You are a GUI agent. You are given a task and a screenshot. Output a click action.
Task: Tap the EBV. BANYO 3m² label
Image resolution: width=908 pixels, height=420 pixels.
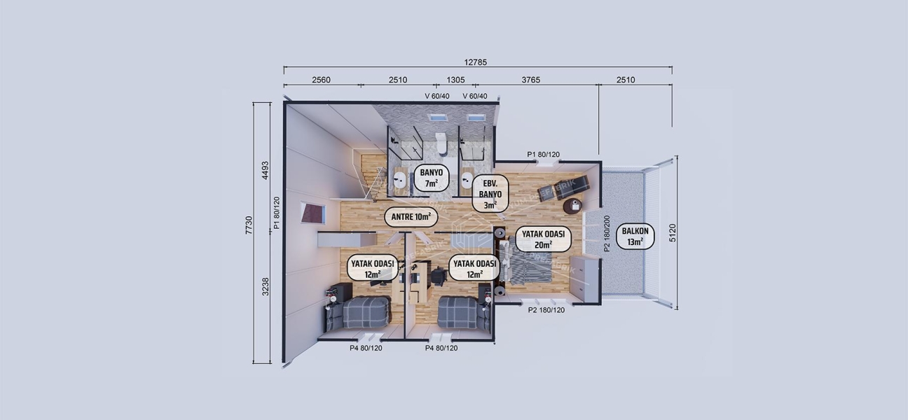coord(490,194)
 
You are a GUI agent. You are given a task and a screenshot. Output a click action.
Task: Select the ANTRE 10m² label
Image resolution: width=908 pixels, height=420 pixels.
coord(411,217)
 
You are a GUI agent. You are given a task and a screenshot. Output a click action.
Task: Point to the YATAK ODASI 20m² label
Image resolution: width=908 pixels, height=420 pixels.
coord(543,239)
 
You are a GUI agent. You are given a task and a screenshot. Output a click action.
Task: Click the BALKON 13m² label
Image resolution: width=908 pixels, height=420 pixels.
coord(635,237)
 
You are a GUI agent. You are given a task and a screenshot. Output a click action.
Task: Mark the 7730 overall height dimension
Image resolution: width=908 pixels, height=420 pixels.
coord(249,225)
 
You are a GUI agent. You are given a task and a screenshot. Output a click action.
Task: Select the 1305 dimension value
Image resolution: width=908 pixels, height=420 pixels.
coord(455,80)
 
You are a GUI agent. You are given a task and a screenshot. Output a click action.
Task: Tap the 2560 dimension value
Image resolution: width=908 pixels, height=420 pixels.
coord(321,80)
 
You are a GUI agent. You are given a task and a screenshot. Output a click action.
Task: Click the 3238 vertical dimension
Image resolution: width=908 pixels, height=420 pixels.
coord(265,287)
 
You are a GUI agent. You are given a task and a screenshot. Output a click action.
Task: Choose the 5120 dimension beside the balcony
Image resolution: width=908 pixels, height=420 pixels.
coord(673,232)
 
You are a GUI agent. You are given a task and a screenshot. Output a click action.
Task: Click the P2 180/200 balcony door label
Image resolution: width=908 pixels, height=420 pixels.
coord(607,234)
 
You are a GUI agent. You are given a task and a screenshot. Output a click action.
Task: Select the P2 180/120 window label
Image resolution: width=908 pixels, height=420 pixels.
coord(546,309)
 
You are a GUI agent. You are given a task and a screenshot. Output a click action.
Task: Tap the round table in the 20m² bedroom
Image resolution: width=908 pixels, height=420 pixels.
coord(572,206)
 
